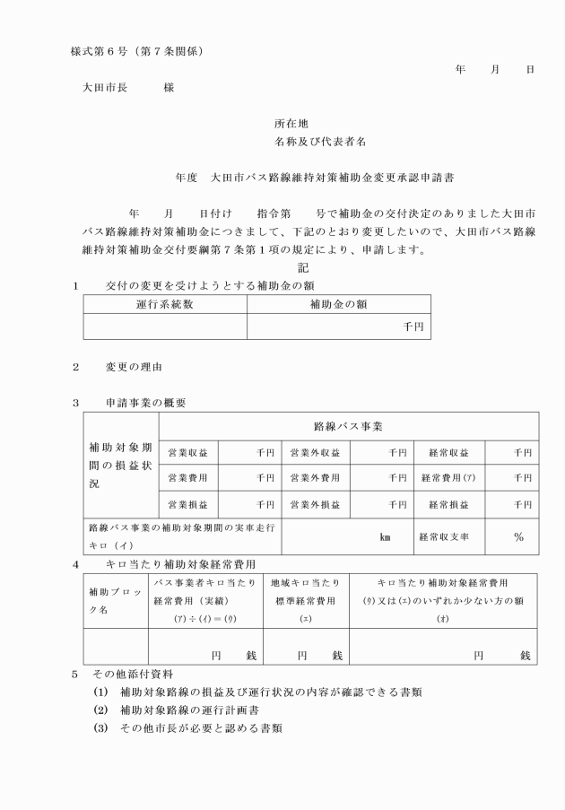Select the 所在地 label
click(291, 124)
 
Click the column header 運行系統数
click(164, 304)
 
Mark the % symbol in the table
click(518, 536)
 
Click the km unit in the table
click(387, 537)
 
